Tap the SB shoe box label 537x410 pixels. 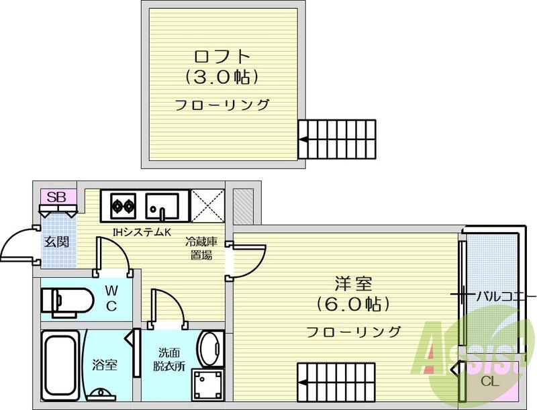[56, 197]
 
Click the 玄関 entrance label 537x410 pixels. [56, 242]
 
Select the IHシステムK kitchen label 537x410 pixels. [142, 232]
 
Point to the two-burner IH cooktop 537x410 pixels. [123, 206]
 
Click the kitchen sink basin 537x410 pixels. [162, 206]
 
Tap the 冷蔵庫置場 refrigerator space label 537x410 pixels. [201, 248]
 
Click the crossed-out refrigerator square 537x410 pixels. [207, 206]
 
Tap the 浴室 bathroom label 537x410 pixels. [105, 365]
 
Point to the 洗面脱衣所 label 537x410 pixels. [169, 360]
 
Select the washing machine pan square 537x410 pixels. [208, 385]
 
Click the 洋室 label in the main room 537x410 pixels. [353, 283]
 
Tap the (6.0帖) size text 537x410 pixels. [353, 303]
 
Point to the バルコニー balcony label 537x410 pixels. [500, 296]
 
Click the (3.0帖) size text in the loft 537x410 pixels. [222, 77]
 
